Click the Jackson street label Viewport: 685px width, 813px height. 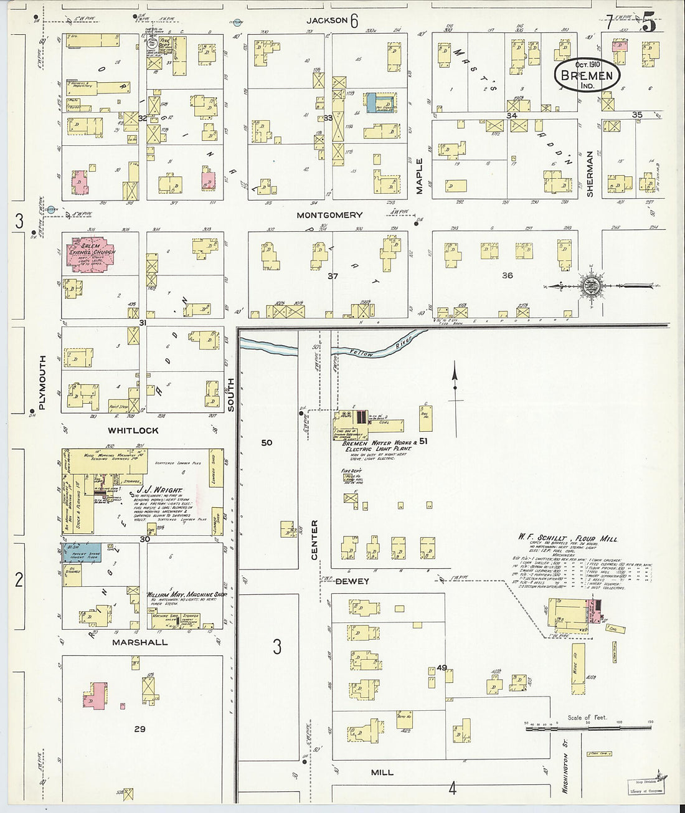point(326,21)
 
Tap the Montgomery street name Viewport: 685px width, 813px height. point(329,215)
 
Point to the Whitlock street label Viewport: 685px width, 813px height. point(133,430)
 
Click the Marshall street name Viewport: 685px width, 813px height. point(139,642)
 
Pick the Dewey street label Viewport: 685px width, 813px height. point(352,581)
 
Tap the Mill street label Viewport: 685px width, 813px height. point(382,772)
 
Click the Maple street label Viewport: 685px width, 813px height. point(420,176)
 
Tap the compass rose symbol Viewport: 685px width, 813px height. point(589,287)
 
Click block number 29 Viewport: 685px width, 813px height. point(139,728)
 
